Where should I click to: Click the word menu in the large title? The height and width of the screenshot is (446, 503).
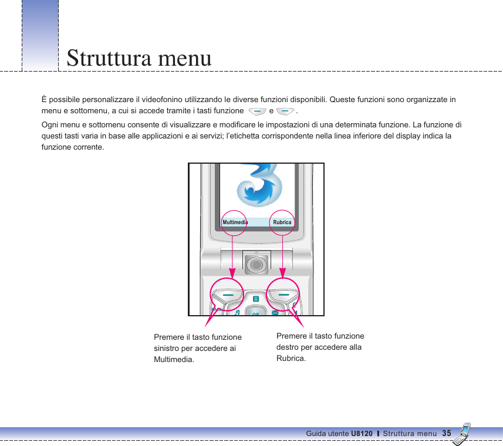(x=181, y=59)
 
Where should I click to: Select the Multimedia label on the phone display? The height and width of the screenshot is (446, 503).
(x=235, y=222)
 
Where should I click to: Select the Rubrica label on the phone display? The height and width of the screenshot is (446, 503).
(x=282, y=222)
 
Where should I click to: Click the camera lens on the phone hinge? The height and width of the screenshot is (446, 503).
(x=256, y=265)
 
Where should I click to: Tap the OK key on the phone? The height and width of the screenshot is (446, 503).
(x=256, y=313)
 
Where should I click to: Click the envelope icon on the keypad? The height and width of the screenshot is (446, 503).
(x=275, y=313)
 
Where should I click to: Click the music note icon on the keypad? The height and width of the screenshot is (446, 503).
(x=236, y=313)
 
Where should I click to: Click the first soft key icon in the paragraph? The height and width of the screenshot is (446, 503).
(x=256, y=111)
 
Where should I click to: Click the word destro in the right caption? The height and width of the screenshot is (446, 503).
(x=288, y=347)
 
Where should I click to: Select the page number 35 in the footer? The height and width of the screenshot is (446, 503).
(x=447, y=433)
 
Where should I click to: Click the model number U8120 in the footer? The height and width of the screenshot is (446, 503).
(x=362, y=434)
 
